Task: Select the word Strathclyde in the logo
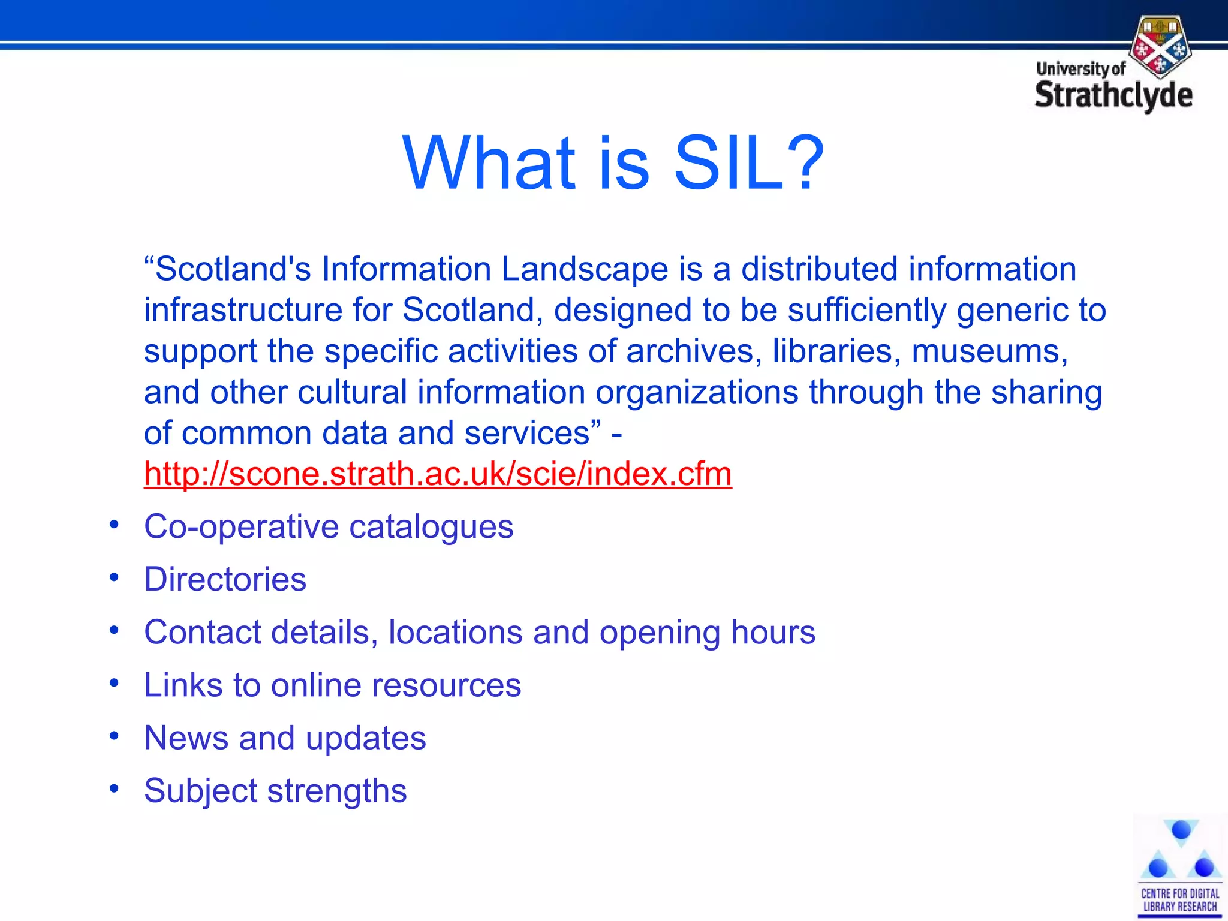[1113, 96]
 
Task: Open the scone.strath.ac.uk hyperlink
[438, 474]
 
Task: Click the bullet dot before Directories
[114, 578]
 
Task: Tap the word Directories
[225, 579]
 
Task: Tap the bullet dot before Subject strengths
[114, 789]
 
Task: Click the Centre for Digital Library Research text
[1179, 900]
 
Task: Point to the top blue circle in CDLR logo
[1181, 830]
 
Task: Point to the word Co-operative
[241, 527]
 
